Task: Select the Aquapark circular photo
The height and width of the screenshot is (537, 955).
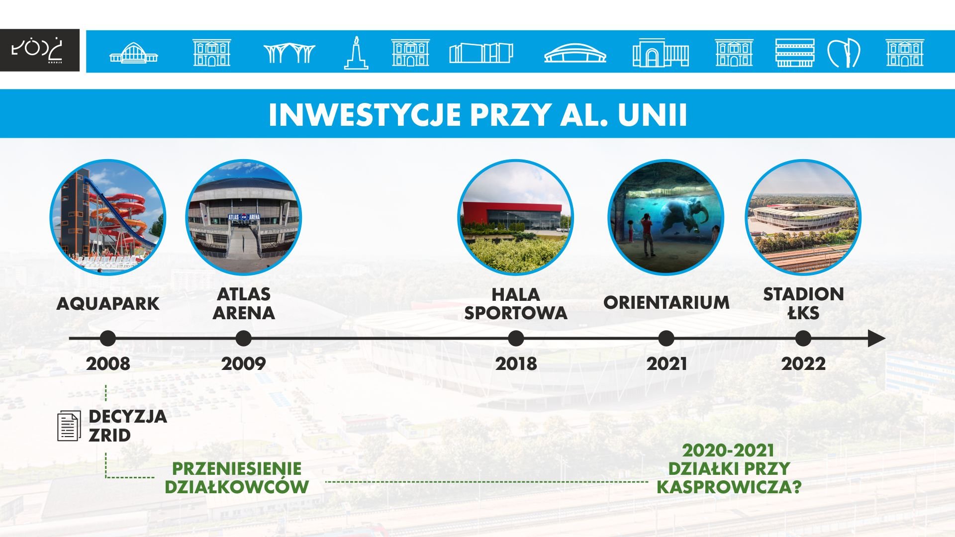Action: (108, 217)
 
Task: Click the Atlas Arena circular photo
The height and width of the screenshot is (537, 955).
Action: (244, 217)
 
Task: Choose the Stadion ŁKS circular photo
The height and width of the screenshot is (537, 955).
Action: (803, 217)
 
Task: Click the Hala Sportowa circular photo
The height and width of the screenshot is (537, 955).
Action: (516, 217)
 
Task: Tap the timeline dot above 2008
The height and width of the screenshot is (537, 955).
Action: (107, 339)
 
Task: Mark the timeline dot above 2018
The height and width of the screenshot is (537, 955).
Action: (516, 339)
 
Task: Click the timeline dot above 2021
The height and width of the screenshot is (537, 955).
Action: (666, 339)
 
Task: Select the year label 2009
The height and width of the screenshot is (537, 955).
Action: (244, 363)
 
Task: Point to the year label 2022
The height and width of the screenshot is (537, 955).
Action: (803, 363)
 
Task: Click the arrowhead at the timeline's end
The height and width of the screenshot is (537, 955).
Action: (876, 339)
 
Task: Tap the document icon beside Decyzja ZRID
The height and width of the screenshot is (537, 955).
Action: (69, 426)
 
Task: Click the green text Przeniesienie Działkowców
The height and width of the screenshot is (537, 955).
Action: (237, 477)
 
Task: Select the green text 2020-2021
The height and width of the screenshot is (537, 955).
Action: (728, 450)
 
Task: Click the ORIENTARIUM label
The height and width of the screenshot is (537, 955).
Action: (667, 302)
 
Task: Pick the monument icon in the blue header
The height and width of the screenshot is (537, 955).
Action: (356, 52)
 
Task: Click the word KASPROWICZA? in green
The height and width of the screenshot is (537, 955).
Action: (729, 487)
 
